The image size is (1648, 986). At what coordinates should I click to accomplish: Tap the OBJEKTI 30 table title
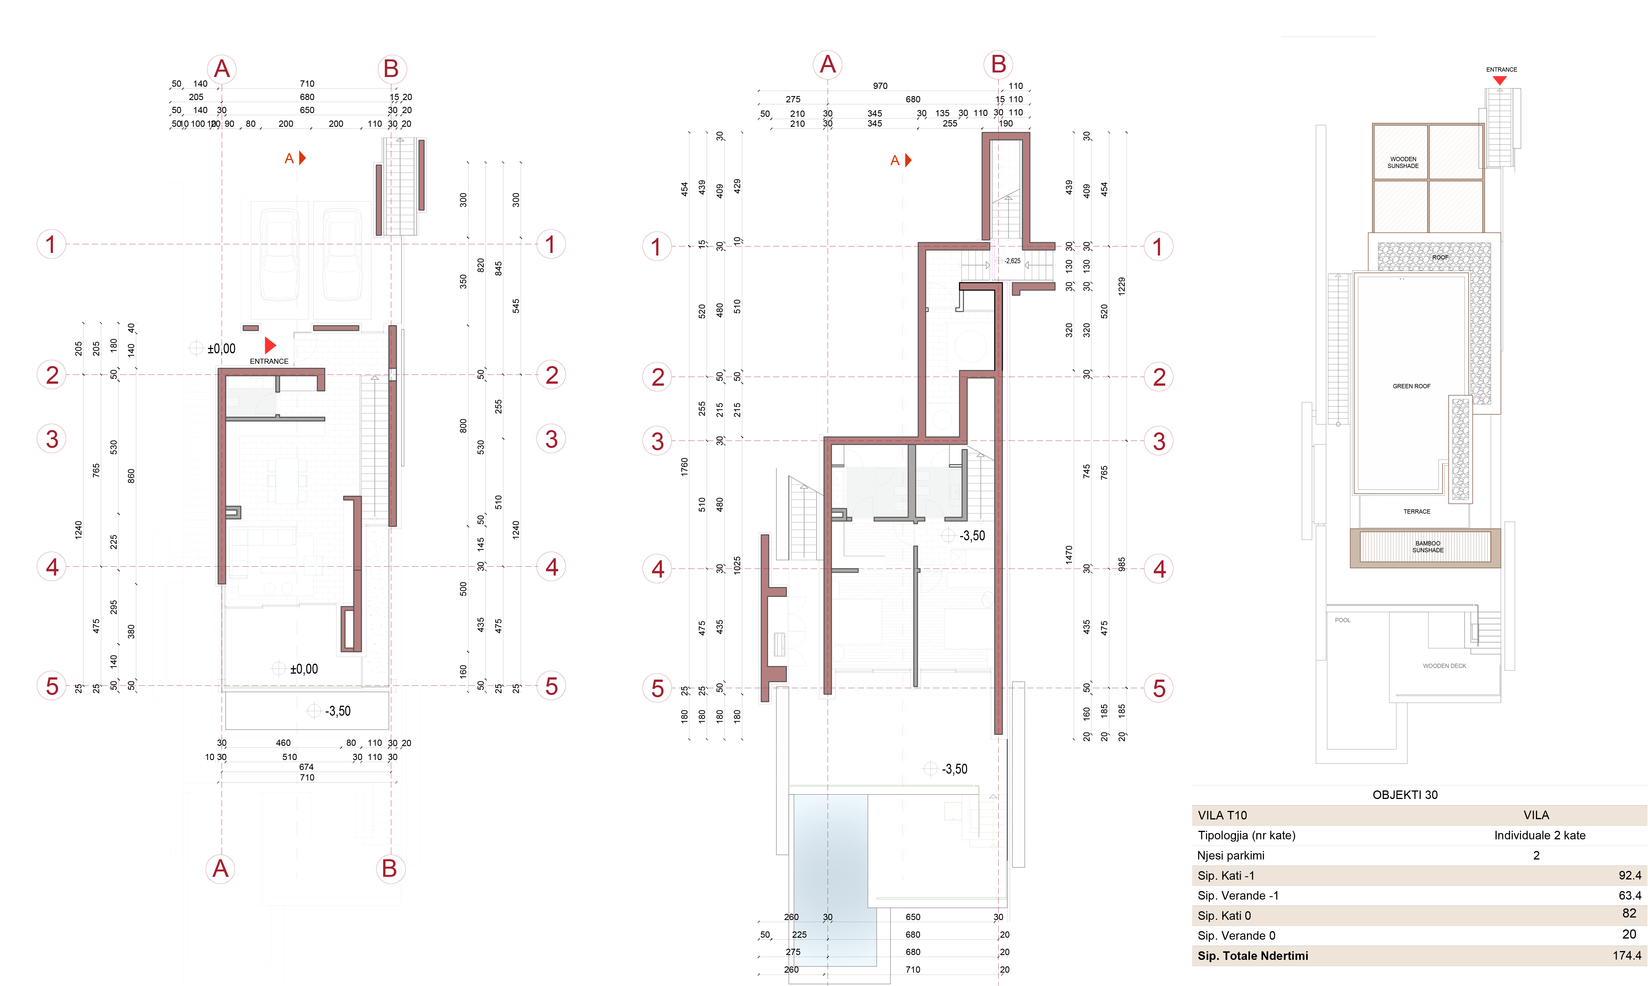pos(1405,795)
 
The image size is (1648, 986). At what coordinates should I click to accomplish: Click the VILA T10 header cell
pos(1222,815)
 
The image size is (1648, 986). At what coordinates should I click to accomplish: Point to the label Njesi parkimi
pos(1231,855)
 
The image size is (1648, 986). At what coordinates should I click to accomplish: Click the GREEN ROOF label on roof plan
pos(1411,386)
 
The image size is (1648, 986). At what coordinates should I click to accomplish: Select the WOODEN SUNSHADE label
pos(1403,162)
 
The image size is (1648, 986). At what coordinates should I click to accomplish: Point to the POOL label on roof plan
pos(1342,620)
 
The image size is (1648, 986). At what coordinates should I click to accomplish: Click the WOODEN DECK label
pos(1444,666)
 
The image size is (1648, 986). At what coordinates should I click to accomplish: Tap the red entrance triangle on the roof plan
pos(1499,80)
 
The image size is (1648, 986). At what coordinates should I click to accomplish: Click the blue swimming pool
pos(831,864)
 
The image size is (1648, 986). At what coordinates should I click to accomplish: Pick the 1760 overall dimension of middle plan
pos(684,466)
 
